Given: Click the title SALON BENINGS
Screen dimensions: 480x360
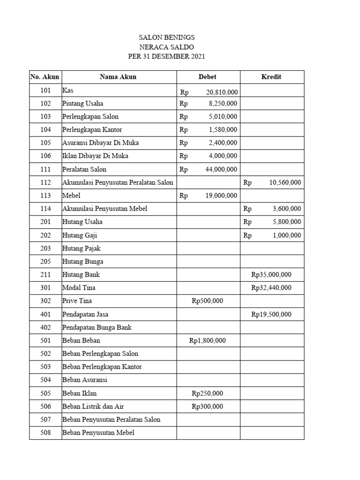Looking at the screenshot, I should (167, 37).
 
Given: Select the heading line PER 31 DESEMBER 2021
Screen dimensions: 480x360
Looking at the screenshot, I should (167, 57).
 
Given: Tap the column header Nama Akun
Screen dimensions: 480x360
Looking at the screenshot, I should (118, 77).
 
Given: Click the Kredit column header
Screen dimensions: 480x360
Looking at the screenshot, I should (271, 77).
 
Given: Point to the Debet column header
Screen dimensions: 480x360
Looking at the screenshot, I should (208, 77).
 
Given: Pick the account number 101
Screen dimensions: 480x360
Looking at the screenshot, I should (45, 90).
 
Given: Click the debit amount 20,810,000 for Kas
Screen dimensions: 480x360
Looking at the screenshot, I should (221, 90).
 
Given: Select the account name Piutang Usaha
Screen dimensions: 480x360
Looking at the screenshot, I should (83, 103).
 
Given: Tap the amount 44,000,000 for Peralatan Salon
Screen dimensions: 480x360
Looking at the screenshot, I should (221, 169).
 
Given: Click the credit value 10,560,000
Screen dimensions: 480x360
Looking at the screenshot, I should (285, 182).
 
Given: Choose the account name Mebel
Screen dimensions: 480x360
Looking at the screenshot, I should (72, 195).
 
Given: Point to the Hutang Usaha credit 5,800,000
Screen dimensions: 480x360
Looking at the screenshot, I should (287, 222).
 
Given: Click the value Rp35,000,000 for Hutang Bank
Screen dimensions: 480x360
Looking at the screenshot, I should (271, 275).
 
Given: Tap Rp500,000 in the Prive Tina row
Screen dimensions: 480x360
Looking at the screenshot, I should (208, 301).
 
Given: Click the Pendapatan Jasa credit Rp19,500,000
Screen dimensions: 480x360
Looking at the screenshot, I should (271, 314).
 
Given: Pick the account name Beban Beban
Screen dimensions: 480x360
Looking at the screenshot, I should (81, 341).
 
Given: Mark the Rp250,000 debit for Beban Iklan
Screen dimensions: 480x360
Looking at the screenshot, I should (208, 393).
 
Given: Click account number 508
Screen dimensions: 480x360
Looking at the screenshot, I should (45, 433).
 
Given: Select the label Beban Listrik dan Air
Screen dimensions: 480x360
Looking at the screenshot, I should (93, 406).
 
